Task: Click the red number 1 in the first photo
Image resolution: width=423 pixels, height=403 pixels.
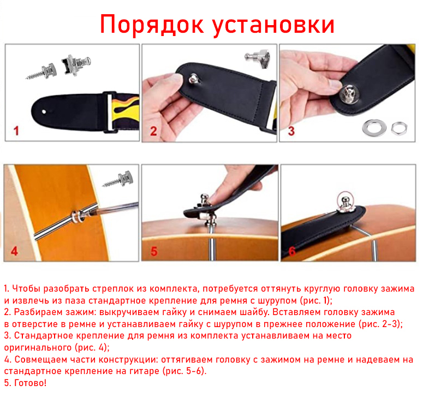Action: pos(16,131)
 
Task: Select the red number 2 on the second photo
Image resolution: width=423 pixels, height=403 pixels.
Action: pos(153,131)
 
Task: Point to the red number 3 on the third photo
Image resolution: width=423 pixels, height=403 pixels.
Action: pos(291,131)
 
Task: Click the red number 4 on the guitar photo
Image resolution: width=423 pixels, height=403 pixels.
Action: pos(14,251)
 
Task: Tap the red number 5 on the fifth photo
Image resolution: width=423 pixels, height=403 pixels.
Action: pos(154,251)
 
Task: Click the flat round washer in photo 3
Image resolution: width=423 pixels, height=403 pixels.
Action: pos(374,127)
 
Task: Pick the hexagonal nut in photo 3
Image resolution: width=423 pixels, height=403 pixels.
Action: pos(400,128)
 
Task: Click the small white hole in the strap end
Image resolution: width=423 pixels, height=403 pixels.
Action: pos(44,111)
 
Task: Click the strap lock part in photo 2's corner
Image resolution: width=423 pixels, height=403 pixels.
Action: pos(258,58)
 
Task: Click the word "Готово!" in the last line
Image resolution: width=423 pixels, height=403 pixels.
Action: pos(30,383)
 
